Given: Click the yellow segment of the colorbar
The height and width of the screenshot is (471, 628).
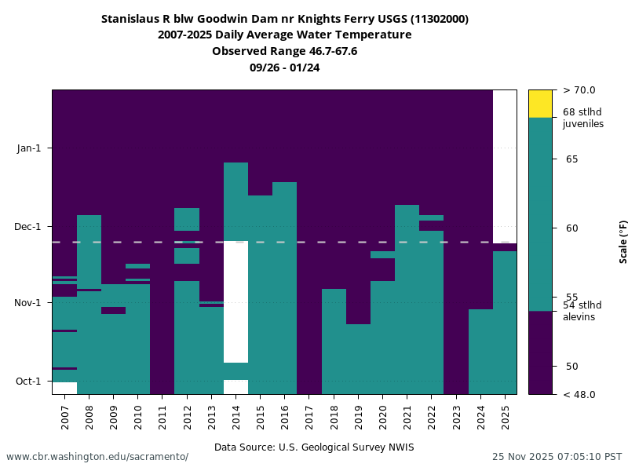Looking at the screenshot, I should click(x=540, y=104).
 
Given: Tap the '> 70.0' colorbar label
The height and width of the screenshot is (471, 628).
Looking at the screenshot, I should click(x=579, y=90).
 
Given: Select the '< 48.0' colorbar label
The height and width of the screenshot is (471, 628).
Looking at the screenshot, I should click(x=579, y=394).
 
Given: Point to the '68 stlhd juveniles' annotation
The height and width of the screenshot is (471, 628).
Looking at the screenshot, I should click(x=582, y=118).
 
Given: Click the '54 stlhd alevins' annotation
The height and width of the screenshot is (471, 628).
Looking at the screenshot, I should click(x=582, y=311).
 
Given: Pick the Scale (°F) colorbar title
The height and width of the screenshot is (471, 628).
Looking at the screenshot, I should click(x=623, y=241).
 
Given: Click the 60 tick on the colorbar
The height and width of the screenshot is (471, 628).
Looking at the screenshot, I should click(x=572, y=228).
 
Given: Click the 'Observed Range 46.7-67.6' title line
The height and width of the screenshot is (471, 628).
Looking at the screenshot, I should click(x=284, y=51).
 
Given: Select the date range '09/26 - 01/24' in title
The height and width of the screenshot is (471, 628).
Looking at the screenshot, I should click(x=284, y=68).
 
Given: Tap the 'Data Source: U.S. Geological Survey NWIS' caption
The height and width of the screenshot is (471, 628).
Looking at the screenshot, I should click(x=314, y=447).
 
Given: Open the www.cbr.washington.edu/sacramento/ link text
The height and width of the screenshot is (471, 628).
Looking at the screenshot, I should click(x=97, y=457).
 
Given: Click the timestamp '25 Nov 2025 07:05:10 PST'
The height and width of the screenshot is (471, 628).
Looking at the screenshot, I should click(x=557, y=457).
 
